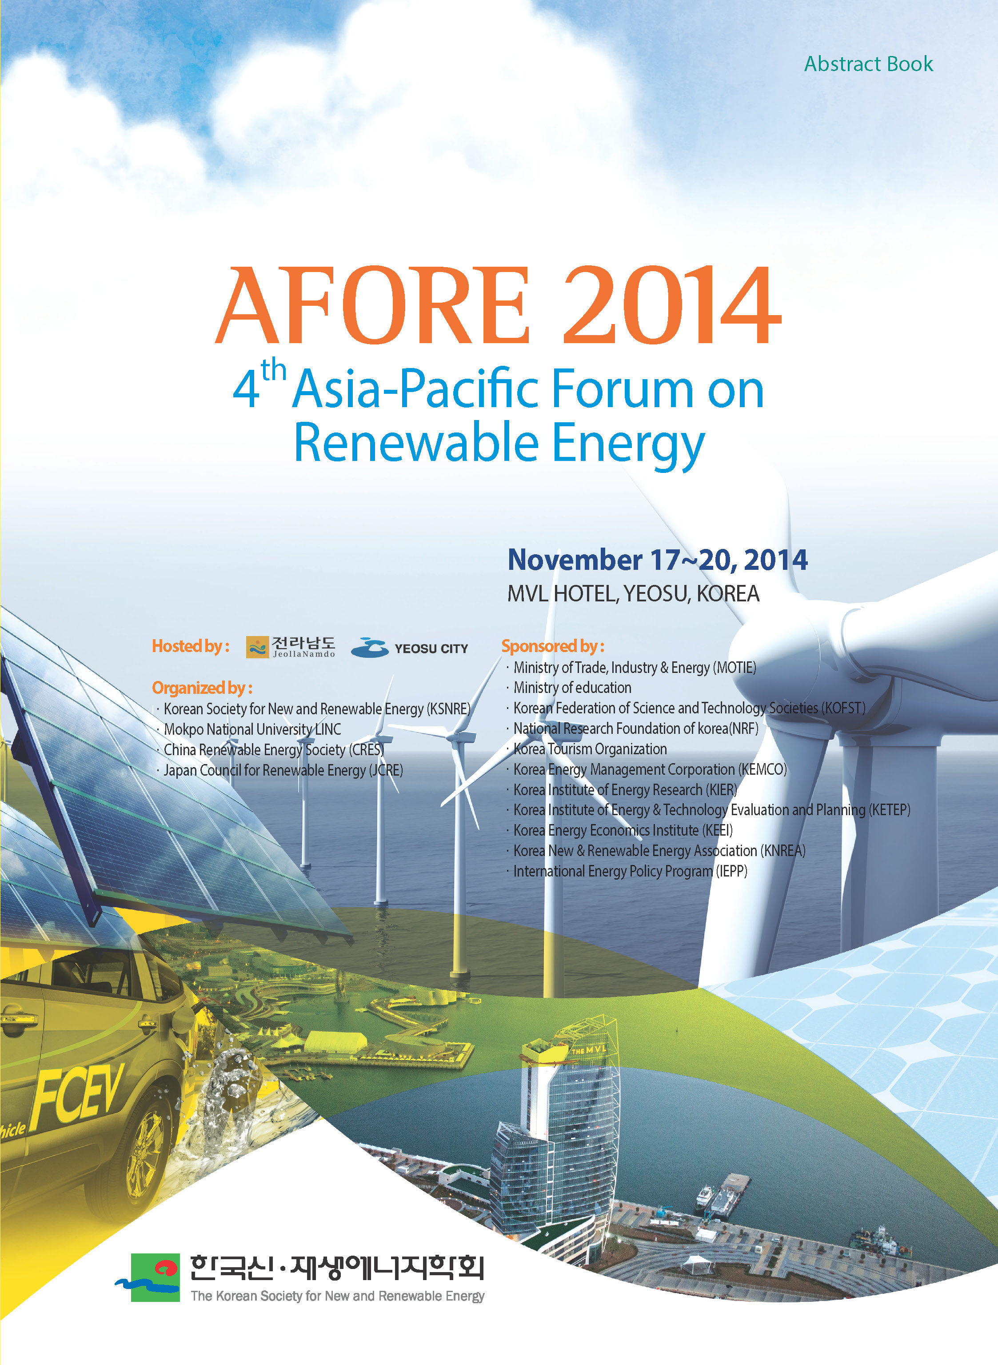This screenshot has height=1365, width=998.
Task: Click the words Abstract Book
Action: click(x=868, y=64)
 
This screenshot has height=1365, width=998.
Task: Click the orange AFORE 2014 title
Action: click(x=499, y=305)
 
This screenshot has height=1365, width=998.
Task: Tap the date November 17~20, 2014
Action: click(x=657, y=560)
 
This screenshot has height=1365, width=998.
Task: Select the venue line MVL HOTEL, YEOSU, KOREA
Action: click(x=633, y=593)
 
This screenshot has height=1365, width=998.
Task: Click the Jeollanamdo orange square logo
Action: click(x=257, y=647)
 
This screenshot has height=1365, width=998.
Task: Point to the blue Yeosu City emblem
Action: click(x=370, y=648)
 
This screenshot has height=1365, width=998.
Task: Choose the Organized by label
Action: click(x=202, y=688)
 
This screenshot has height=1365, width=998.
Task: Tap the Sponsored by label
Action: click(x=553, y=646)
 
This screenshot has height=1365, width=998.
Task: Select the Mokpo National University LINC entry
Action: click(x=252, y=729)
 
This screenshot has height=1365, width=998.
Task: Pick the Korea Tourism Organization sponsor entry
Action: click(x=590, y=749)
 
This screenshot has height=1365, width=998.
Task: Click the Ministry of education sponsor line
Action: click(x=572, y=688)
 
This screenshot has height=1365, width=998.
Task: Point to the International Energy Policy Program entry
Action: click(x=630, y=871)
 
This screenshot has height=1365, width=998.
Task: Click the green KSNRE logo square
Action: click(x=155, y=1277)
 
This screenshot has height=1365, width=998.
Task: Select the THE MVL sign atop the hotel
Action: click(x=588, y=1051)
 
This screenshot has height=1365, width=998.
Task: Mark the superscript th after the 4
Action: click(x=273, y=369)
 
